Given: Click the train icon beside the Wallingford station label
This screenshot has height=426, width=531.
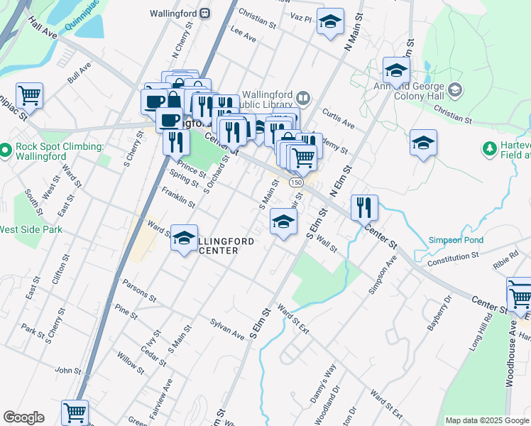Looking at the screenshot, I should pyautogui.click(x=204, y=13).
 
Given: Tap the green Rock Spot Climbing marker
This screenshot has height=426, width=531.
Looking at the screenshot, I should pyautogui.click(x=6, y=150).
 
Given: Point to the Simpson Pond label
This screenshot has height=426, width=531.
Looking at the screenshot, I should pyautogui.click(x=455, y=241).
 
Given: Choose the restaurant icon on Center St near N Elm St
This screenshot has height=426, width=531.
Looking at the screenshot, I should pyautogui.click(x=363, y=207).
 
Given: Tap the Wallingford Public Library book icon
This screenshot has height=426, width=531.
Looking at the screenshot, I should pyautogui.click(x=303, y=97).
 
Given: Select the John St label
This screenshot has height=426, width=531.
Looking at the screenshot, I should pyautogui.click(x=68, y=370).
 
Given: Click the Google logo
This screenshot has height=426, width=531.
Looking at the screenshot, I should pyautogui.click(x=23, y=417).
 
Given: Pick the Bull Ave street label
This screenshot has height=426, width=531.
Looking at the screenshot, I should pyautogui.click(x=80, y=73).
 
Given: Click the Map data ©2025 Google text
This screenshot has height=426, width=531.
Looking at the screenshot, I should pyautogui.click(x=486, y=420).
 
